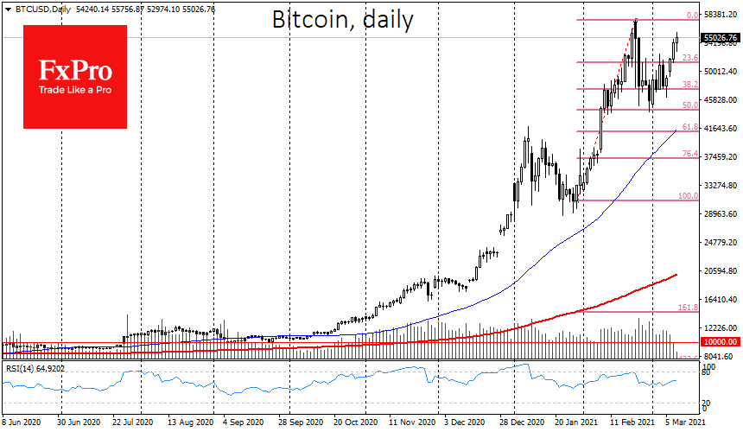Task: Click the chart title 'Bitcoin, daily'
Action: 342,20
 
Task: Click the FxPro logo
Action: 75,77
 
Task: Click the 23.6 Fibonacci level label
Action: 689,58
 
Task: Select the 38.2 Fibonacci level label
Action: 689,85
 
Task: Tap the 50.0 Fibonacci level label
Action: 689,105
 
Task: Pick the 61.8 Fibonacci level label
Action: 689,127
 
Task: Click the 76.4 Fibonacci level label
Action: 689,154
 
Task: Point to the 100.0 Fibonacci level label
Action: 688,196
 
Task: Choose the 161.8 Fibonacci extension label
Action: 688,307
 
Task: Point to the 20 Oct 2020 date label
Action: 356,423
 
